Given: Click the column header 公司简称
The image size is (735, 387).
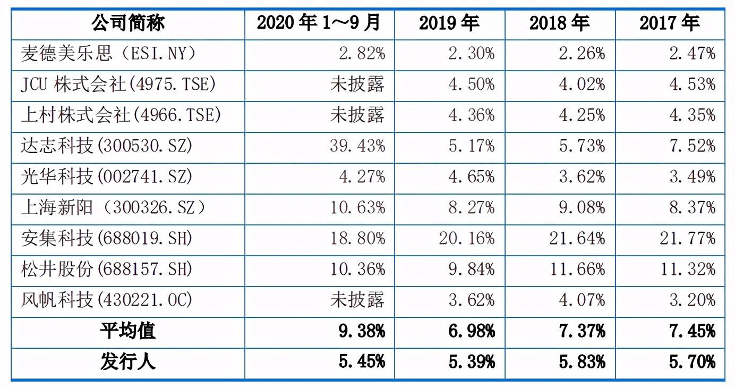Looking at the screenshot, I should [x=127, y=23].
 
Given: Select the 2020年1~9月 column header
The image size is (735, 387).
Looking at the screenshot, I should [x=319, y=23].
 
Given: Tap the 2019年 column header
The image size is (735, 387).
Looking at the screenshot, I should [x=449, y=23].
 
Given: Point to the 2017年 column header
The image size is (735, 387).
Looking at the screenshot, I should [x=670, y=23].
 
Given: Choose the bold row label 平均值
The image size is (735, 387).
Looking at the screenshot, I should [x=127, y=331].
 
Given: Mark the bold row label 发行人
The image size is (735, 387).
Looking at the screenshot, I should [x=127, y=362].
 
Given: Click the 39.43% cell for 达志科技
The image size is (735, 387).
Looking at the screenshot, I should [x=357, y=146].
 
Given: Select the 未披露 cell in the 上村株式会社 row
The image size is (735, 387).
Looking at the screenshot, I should [x=357, y=115].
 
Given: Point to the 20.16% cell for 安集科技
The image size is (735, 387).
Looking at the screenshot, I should [x=467, y=238].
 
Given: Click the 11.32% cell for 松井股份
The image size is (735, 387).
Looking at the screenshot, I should [x=688, y=269].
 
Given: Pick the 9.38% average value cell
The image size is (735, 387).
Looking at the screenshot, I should [x=362, y=331].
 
